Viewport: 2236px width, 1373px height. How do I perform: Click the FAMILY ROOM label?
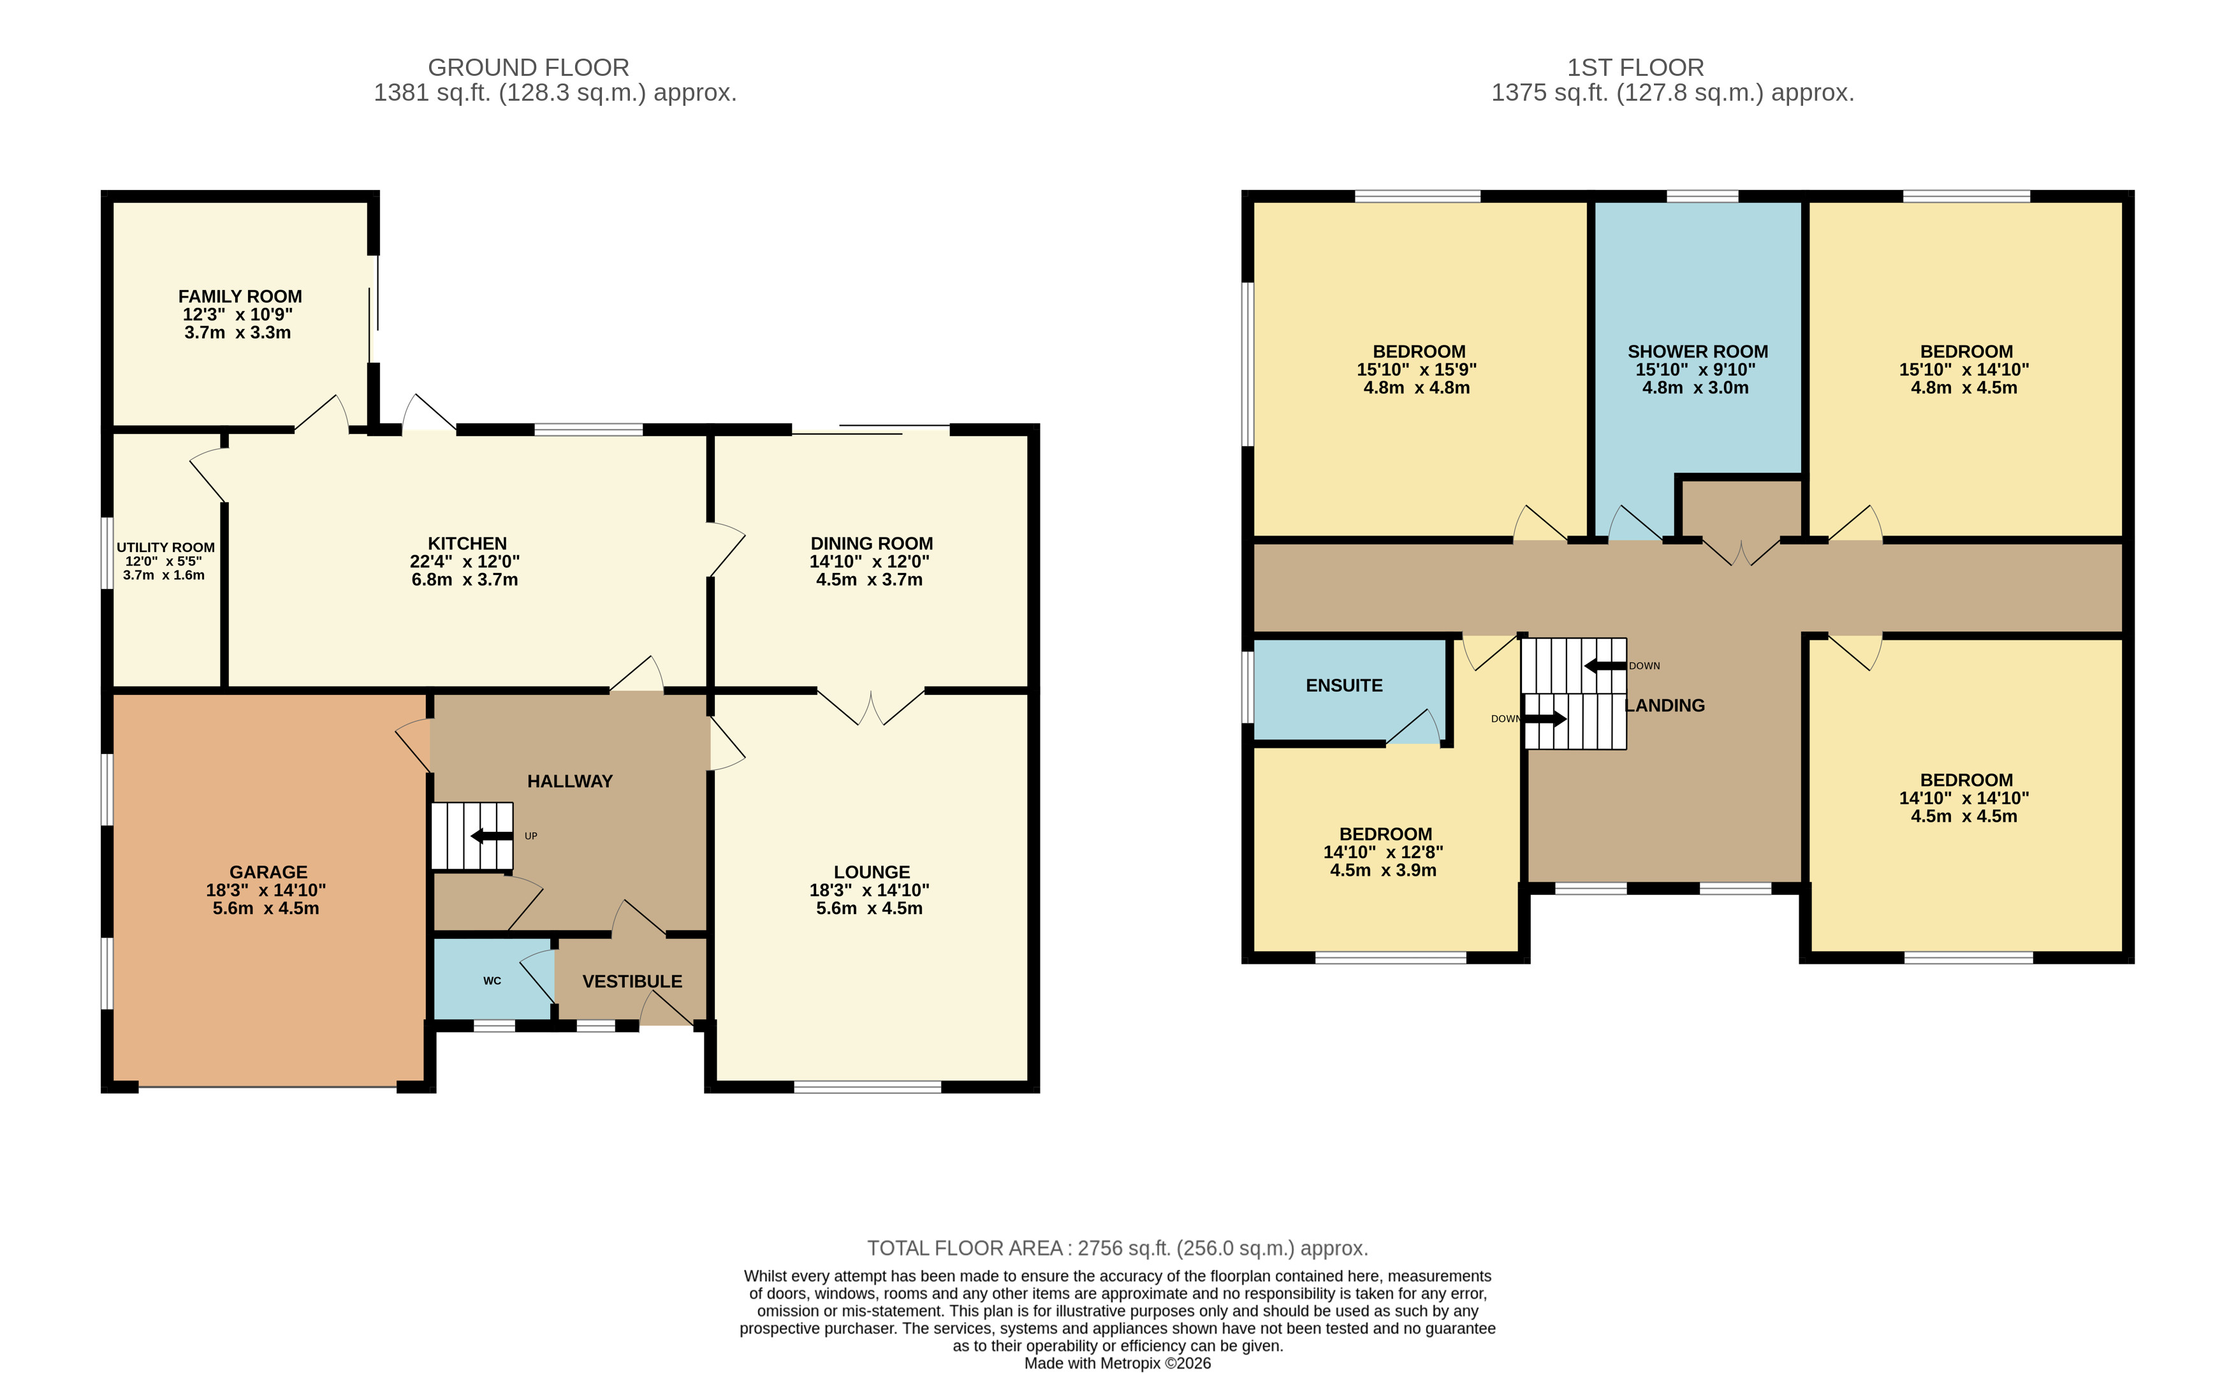coord(240,297)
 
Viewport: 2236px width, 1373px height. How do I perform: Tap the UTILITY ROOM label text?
coord(165,548)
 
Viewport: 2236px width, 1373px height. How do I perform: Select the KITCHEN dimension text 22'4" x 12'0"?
coord(465,561)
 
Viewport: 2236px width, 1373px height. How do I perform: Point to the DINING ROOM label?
coord(872,544)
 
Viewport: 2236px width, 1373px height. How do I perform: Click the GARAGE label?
coord(268,872)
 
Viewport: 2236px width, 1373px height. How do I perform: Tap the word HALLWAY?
coord(571,781)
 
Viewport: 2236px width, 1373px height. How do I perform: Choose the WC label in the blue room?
coord(492,981)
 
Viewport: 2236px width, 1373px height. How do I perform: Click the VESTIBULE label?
coord(632,982)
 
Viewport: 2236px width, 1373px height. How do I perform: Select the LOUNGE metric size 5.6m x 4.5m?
coord(869,908)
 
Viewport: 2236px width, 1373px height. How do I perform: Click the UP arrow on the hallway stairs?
coord(492,836)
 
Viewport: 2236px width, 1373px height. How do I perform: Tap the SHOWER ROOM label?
coord(1697,351)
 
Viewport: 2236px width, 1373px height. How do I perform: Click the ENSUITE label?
coord(1344,686)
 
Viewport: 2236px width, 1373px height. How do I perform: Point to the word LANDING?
coord(1665,706)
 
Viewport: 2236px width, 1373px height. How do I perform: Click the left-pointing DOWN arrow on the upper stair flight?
coord(1605,665)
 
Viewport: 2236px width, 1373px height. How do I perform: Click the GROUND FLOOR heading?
coord(529,68)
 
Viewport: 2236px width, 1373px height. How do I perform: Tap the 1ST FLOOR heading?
coord(1635,68)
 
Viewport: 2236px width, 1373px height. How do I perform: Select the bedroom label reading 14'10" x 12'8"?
coord(1383,852)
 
